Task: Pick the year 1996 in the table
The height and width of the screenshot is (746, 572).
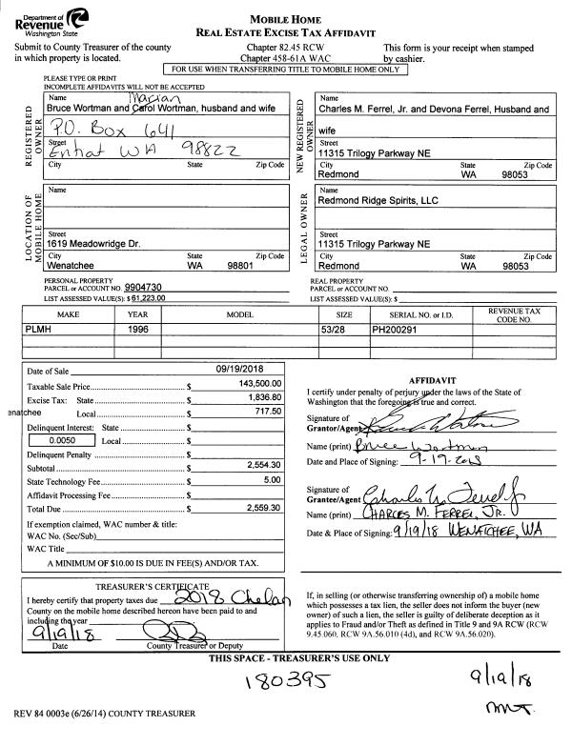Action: (x=138, y=327)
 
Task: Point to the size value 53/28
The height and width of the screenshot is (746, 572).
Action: (x=333, y=327)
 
